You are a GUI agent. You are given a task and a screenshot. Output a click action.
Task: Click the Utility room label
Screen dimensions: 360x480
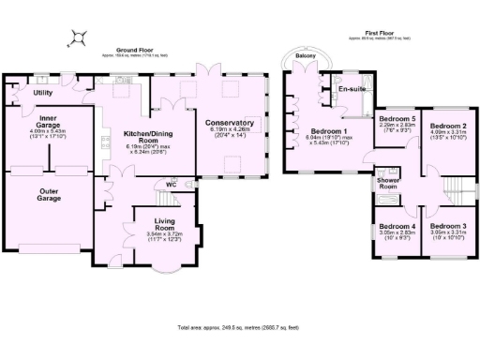coord(43,94)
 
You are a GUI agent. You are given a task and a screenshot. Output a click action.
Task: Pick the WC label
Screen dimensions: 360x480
coord(171,185)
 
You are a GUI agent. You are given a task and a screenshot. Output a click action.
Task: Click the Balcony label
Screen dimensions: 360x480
coord(306,56)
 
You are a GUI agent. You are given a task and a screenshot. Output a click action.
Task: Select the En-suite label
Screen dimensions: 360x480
coord(352,89)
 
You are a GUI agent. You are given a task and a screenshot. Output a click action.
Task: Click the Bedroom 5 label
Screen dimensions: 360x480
coord(397,119)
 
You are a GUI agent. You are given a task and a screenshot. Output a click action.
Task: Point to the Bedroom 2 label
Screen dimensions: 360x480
coord(447,125)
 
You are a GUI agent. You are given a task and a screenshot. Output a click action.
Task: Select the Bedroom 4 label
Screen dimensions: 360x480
coord(397,226)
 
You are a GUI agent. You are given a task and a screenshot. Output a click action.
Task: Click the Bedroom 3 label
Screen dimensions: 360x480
coord(447,226)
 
